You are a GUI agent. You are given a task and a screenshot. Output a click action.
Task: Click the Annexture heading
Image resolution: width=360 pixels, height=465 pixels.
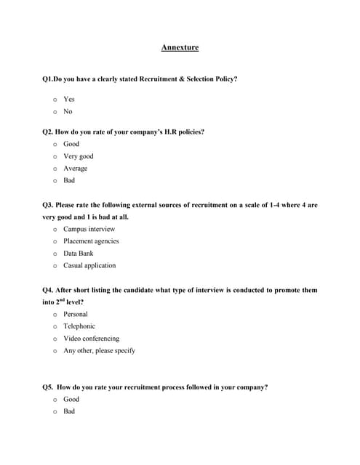[x=180, y=48]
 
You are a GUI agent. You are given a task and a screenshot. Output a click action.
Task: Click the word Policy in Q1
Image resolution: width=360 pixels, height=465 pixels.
[x=225, y=78]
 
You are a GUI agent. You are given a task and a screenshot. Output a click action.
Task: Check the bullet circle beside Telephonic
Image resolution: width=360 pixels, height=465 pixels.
[x=55, y=327]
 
